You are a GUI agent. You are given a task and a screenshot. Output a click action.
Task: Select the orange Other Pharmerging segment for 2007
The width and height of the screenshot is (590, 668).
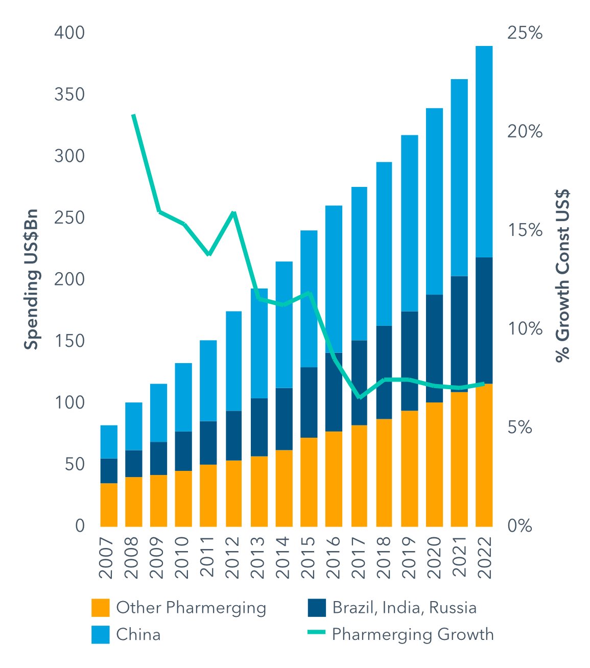[109, 505]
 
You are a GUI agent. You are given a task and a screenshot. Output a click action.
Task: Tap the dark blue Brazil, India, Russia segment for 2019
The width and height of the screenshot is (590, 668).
[409, 361]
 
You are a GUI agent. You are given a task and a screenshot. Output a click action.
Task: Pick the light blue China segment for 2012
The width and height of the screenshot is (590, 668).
[233, 361]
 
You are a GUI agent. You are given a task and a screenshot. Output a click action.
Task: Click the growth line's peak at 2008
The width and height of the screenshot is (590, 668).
[133, 116]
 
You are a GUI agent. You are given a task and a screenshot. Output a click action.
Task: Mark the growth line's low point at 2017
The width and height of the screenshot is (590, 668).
[360, 397]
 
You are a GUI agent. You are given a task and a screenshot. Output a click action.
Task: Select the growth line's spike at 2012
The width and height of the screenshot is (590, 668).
[233, 212]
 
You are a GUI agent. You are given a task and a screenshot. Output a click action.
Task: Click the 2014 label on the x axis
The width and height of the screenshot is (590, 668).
[283, 557]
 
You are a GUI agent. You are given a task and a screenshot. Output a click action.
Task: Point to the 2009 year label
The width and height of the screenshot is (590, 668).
[158, 557]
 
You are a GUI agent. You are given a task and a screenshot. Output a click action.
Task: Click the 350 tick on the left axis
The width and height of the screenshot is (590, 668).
[69, 94]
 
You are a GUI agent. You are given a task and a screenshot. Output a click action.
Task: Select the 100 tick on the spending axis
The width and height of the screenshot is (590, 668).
[69, 402]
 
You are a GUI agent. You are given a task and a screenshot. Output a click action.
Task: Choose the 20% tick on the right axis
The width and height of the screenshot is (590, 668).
[525, 132]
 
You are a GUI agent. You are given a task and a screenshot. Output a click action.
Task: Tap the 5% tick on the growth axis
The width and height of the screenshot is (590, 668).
[520, 427]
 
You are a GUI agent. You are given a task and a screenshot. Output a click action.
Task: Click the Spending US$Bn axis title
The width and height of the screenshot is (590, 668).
[32, 279]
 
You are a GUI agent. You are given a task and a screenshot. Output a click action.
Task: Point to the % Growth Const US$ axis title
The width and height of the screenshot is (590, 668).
[562, 276]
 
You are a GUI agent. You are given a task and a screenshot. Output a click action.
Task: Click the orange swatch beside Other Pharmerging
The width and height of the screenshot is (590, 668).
[101, 608]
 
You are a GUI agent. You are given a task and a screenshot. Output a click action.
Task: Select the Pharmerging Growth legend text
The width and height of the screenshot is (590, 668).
[413, 634]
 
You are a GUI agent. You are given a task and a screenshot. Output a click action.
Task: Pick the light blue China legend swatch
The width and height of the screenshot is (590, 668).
[101, 635]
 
